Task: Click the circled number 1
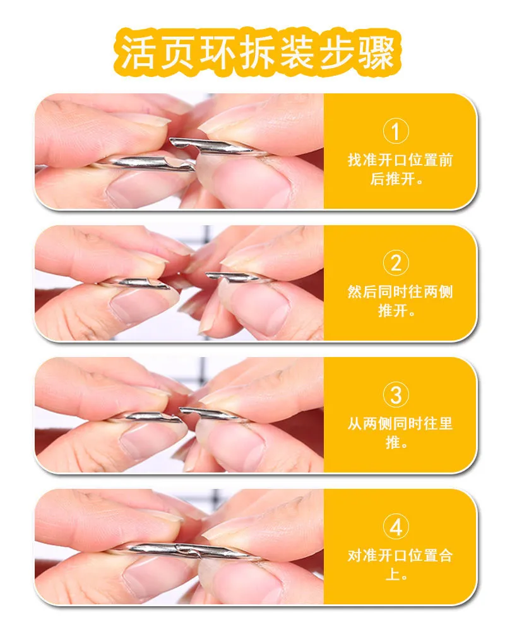395,131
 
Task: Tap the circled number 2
395,263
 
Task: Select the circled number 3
395,395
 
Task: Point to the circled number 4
395,527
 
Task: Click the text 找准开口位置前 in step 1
400,160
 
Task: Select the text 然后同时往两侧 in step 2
400,292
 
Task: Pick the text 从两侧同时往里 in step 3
400,423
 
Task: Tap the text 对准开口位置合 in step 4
400,556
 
